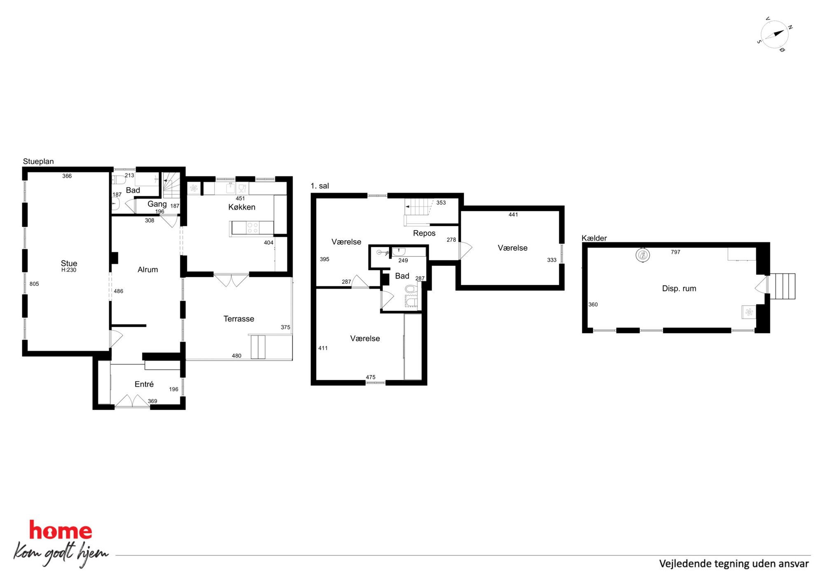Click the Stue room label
tap(69, 263)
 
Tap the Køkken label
tap(242, 207)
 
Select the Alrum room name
tap(148, 269)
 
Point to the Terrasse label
tap(239, 318)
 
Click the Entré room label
tap(144, 384)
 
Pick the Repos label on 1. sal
tap(424, 233)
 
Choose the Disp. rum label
tap(679, 288)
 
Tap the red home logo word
tap(61, 530)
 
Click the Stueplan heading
tap(38, 161)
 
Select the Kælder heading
tap(594, 238)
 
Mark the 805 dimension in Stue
tap(34, 284)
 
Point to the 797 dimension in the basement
tap(675, 252)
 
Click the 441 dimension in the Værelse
tap(513, 215)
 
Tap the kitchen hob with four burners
tap(252, 228)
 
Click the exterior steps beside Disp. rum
tap(782, 286)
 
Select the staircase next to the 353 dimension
tap(418, 207)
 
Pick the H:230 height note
tap(69, 270)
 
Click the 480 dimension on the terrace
tap(236, 356)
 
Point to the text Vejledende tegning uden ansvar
tap(734, 564)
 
